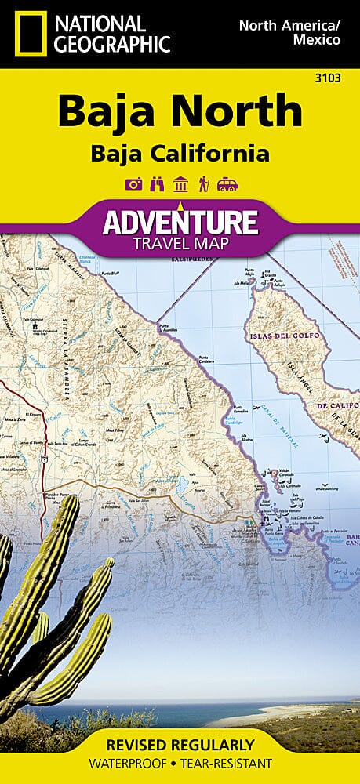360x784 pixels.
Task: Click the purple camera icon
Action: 133,184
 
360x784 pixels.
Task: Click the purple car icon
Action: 227,184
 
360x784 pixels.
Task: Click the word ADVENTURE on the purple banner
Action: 180,223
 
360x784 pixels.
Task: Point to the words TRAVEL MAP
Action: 180,244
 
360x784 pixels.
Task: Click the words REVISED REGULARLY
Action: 180,744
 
